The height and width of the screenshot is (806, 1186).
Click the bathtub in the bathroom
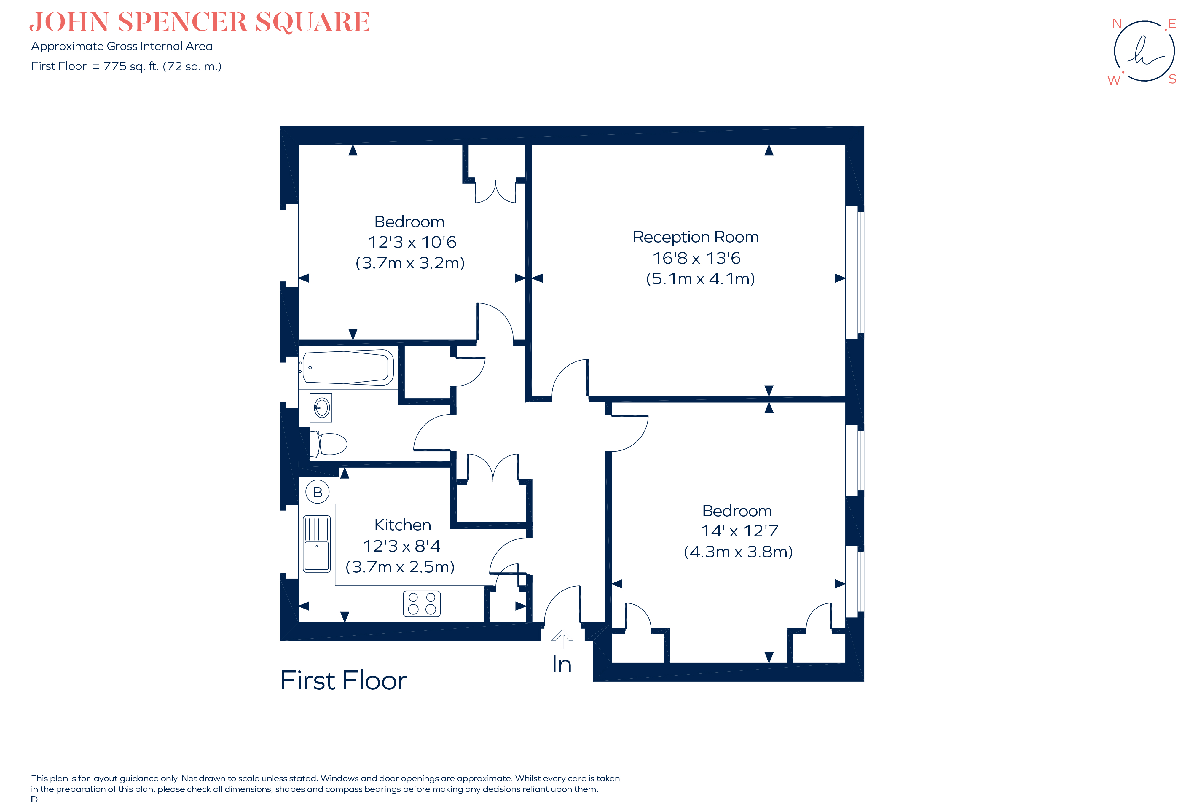(347, 367)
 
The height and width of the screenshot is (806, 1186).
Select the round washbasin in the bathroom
(321, 407)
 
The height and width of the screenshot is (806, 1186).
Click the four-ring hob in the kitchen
(422, 603)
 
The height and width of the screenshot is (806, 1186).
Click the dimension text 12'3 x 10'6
(412, 242)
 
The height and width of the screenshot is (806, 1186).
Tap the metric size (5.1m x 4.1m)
(700, 279)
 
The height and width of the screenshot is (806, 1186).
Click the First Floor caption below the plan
(343, 681)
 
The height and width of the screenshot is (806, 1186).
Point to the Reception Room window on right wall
(854, 272)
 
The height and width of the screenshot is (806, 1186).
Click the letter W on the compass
(1114, 80)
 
